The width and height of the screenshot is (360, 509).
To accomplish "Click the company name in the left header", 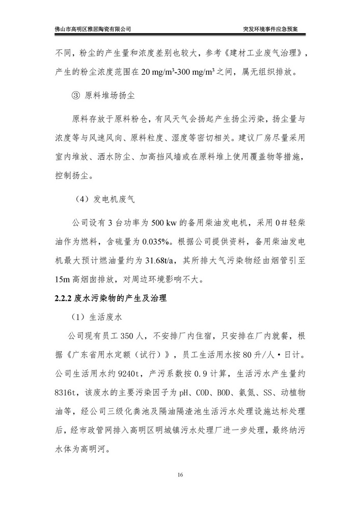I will point(93,29).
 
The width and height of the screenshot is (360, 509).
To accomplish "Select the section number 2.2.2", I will point(65,298).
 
